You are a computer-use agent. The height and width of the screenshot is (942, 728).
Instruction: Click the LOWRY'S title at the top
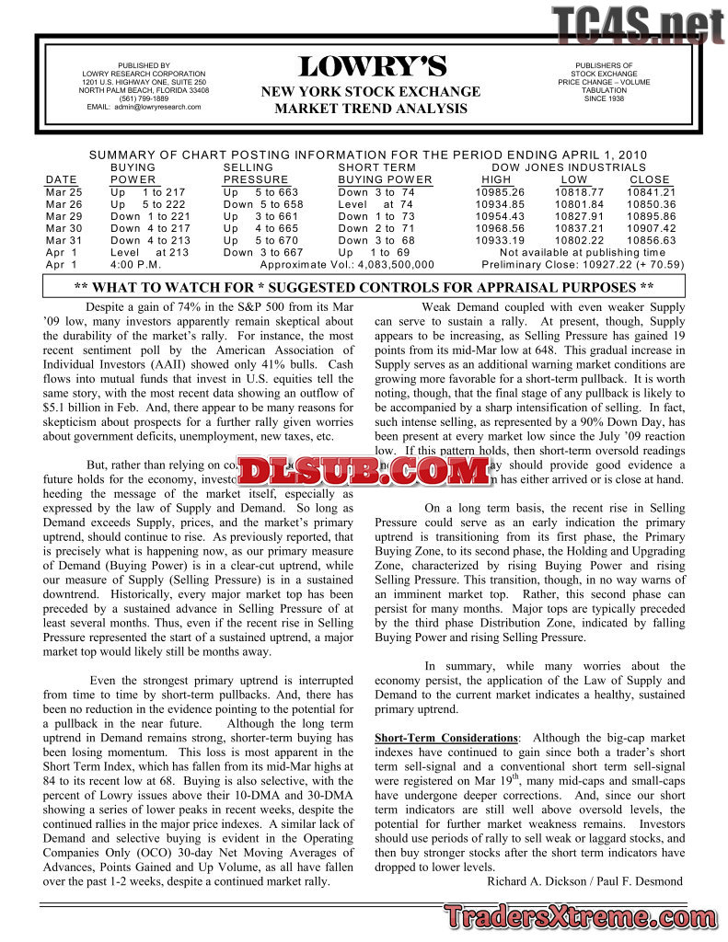tap(372, 67)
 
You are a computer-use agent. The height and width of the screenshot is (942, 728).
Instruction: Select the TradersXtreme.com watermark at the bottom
tap(582, 916)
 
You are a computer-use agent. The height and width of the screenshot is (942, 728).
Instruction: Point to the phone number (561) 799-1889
tap(144, 98)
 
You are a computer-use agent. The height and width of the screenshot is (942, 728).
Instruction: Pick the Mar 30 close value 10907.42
tap(652, 228)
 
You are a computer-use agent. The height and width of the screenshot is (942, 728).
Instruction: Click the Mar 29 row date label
tap(64, 216)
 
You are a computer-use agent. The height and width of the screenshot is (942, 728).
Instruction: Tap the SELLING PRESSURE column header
tap(256, 173)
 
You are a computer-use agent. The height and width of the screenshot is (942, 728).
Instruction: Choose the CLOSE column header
tap(650, 179)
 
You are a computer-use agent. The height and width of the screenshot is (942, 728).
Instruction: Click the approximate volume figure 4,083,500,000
tap(387, 264)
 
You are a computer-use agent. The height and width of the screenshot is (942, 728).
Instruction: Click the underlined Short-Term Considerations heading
tap(446, 738)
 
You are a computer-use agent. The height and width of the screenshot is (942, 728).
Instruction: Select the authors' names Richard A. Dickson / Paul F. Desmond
tap(584, 881)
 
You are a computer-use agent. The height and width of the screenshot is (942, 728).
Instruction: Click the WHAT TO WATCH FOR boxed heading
tap(364, 286)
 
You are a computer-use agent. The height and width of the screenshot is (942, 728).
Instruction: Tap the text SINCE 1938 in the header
tap(604, 98)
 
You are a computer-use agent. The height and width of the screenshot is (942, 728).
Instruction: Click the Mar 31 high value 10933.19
tap(500, 240)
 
